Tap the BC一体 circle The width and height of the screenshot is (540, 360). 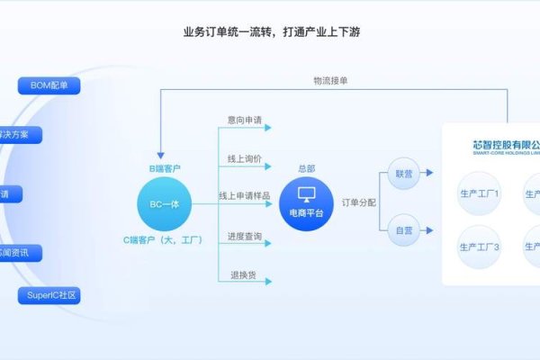[165, 204]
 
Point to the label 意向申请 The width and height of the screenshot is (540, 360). [245, 118]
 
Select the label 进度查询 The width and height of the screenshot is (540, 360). [245, 236]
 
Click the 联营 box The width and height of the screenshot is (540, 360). [404, 171]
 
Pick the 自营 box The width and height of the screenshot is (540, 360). [404, 230]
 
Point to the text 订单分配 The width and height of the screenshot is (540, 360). [359, 202]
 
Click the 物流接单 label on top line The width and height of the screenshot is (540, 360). [329, 80]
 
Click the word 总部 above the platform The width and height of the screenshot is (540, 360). [306, 168]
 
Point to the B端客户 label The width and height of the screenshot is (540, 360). [165, 168]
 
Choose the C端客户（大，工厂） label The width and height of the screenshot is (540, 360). [165, 240]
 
